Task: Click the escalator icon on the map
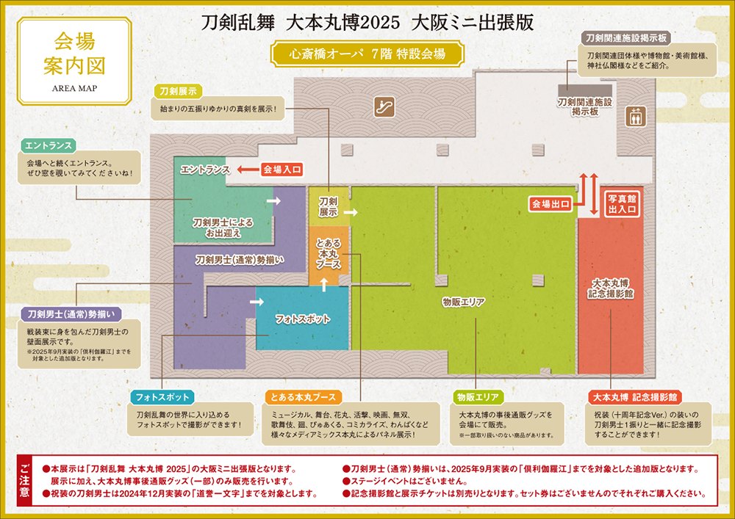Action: tap(384, 106)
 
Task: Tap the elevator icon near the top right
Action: tap(634, 116)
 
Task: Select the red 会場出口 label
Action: tap(551, 203)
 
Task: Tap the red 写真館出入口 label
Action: tap(621, 203)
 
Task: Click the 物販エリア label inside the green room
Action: tap(466, 302)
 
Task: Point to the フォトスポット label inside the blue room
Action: tap(302, 319)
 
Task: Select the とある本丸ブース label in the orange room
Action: tap(328, 253)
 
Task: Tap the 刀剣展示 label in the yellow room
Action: tap(328, 206)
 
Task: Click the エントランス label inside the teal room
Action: tap(206, 170)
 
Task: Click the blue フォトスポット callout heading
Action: tap(162, 396)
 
